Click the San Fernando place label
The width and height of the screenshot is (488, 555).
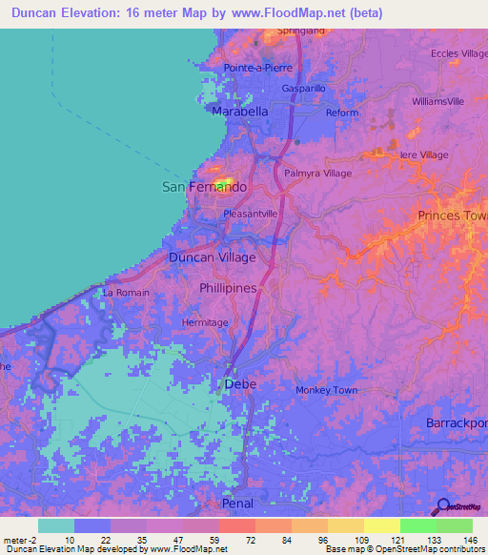pyautogui.click(x=204, y=187)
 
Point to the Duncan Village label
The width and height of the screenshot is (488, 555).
pyautogui.click(x=212, y=257)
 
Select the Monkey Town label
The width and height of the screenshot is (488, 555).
pyautogui.click(x=326, y=390)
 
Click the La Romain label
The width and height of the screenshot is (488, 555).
pyautogui.click(x=126, y=292)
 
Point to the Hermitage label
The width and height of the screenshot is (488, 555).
pyautogui.click(x=205, y=322)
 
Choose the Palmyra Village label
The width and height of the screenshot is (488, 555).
pyautogui.click(x=318, y=174)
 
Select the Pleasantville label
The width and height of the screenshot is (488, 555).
pyautogui.click(x=250, y=215)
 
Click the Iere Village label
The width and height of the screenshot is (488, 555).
pyautogui.click(x=424, y=154)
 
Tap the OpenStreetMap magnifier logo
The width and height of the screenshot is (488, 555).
pyautogui.click(x=442, y=507)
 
